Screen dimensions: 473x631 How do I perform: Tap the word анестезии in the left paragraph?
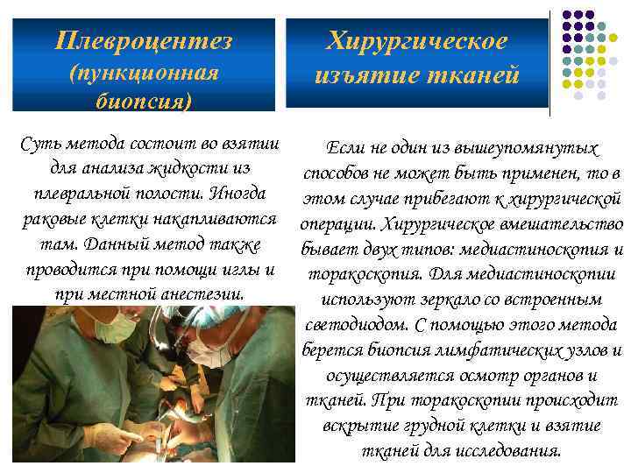pos(201,293)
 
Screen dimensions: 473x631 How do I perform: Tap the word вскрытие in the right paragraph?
pos(362,427)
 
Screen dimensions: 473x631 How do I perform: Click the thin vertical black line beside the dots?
pos(549,61)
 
